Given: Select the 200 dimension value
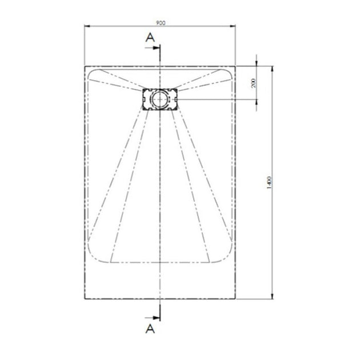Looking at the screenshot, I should point(253,84).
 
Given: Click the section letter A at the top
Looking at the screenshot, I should point(150,38).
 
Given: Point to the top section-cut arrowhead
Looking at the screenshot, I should point(158,50).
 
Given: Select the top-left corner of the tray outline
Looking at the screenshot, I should point(84,66).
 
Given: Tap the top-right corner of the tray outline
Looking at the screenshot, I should point(237,66).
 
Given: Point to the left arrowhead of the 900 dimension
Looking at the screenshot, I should point(86,26).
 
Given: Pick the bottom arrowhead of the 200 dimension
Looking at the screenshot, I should point(257,102).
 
